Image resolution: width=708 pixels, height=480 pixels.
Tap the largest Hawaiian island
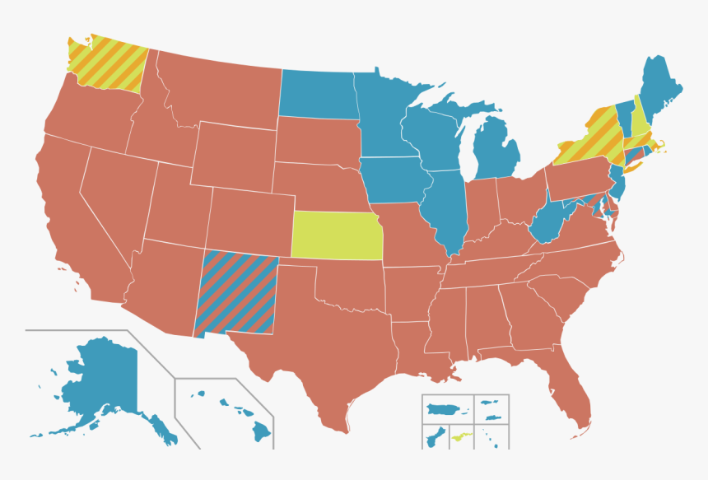(262, 430)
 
